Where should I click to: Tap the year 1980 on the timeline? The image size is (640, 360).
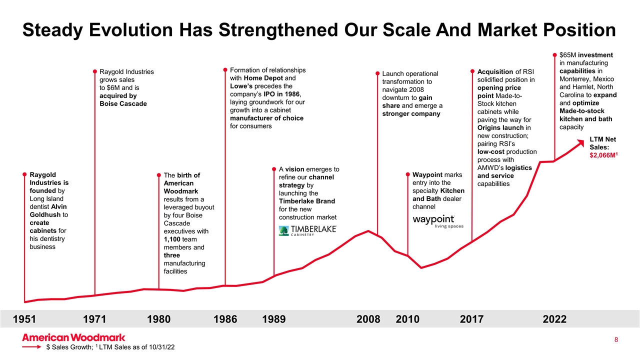[159, 319]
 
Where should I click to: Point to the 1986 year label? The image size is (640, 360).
[225, 319]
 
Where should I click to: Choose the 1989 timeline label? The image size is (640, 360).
[274, 319]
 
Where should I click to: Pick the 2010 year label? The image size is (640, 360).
[407, 319]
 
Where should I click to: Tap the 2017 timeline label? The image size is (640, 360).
[471, 319]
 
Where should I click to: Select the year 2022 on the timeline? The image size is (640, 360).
[554, 319]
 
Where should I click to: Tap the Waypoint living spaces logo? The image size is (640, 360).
[438, 221]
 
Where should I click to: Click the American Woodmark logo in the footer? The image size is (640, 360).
[73, 337]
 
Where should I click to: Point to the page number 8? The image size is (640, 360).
[616, 340]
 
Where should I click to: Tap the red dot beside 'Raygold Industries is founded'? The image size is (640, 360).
[24, 174]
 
